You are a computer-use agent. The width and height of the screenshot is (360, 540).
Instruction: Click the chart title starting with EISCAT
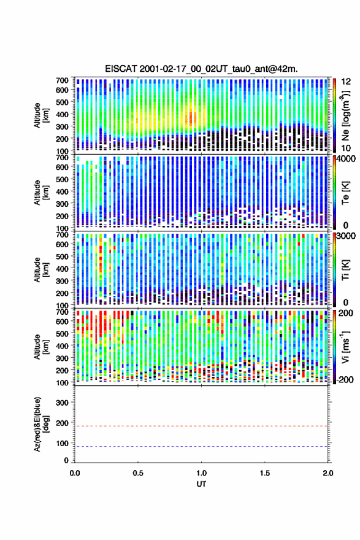pos(201,69)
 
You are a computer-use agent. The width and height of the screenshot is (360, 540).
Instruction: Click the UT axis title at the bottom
pos(201,484)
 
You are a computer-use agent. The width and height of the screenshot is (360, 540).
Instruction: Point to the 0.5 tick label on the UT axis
pos(138,473)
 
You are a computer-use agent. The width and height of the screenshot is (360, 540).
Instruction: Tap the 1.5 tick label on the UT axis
pos(265,473)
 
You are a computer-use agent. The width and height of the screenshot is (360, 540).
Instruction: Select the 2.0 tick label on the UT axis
pos(328,473)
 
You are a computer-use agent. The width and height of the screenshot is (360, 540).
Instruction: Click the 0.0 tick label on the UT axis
pos(75,473)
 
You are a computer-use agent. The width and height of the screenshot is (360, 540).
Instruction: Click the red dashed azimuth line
pos(201,426)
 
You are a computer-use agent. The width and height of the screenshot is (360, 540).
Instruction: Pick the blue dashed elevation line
pos(201,446)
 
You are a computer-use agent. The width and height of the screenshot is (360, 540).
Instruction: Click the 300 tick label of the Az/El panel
pos(63,403)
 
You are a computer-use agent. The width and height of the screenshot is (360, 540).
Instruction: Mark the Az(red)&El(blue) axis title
pos(40,424)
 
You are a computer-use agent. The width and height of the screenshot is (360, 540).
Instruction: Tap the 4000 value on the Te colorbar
pos(348,158)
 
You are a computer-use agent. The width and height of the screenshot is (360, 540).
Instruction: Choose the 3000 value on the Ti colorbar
pos(348,236)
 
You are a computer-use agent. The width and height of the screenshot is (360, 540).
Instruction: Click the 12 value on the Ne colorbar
pos(347,81)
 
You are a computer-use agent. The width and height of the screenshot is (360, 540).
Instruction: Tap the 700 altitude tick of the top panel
pos(63,80)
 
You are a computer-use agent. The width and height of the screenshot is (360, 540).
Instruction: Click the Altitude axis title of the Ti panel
pos(41,269)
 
